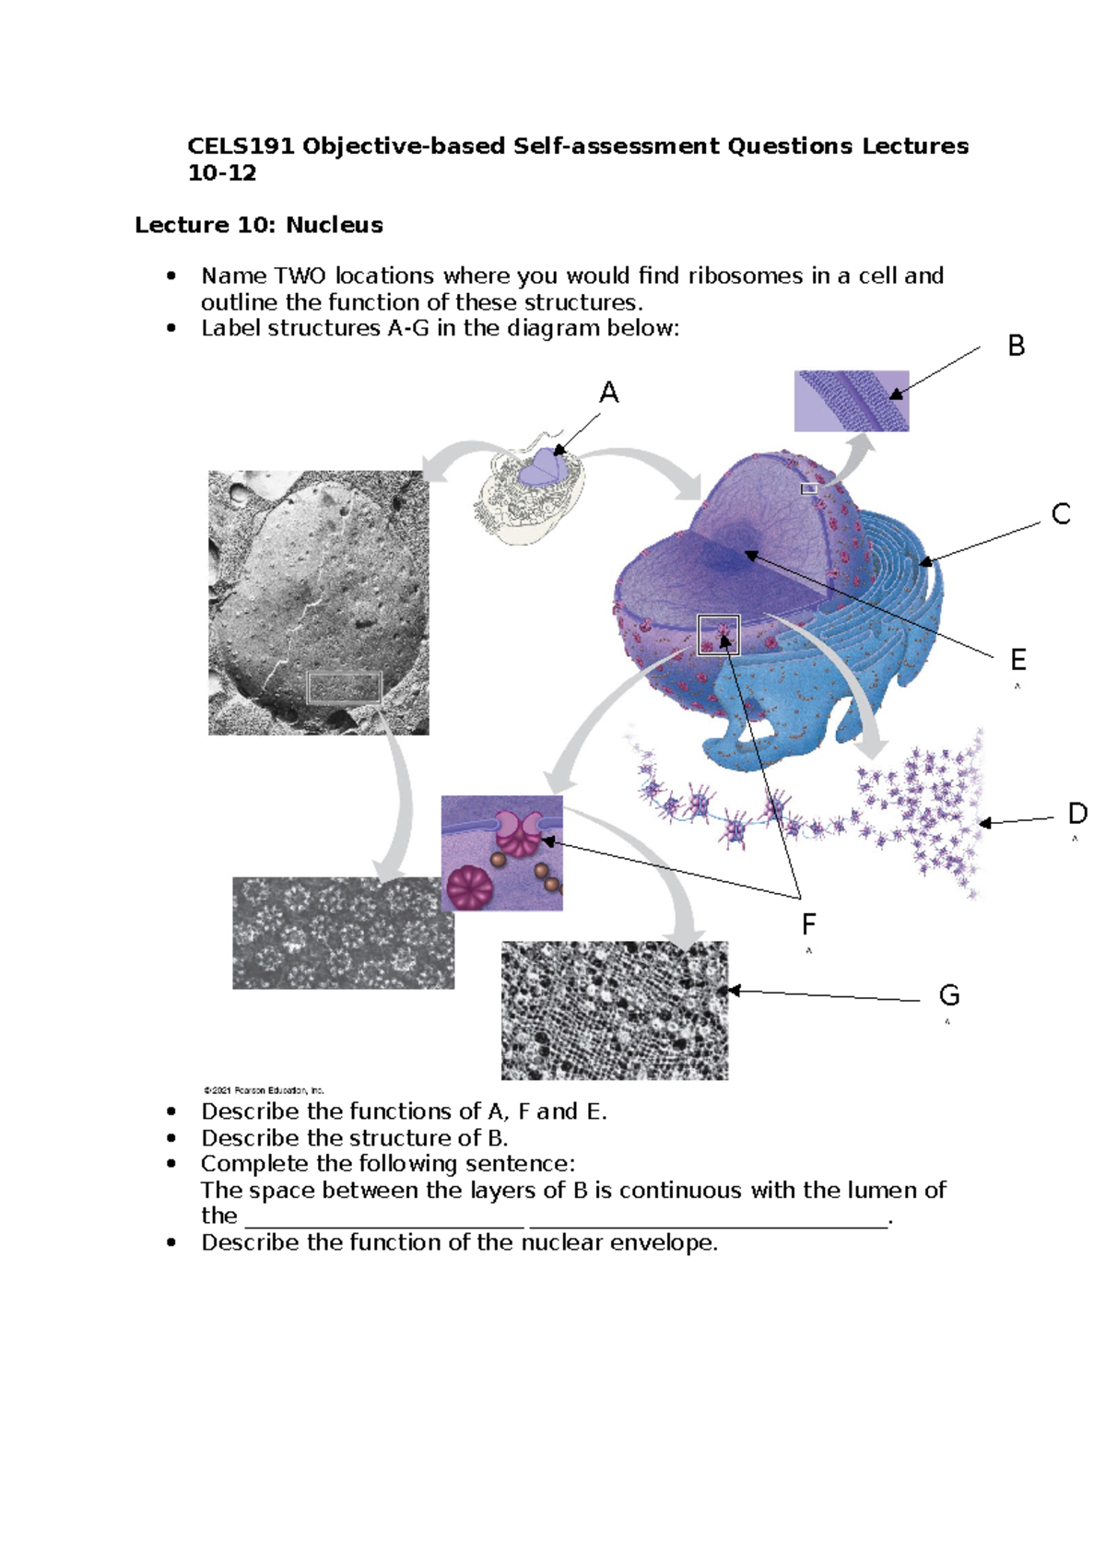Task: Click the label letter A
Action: click(608, 394)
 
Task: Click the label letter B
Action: click(1016, 347)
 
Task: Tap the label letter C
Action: click(1061, 514)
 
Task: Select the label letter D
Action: click(1077, 814)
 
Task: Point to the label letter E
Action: click(1018, 660)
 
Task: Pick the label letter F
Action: click(808, 924)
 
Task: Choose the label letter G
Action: click(948, 995)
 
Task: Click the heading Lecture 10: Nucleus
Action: click(259, 225)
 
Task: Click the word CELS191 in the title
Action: click(241, 147)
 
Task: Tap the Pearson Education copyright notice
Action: click(264, 1090)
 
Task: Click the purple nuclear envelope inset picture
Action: click(851, 401)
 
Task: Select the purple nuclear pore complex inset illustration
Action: click(501, 853)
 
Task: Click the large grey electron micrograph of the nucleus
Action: click(318, 603)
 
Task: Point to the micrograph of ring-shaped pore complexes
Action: click(343, 933)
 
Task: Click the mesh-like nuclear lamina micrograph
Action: click(614, 1010)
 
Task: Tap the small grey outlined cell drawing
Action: click(528, 489)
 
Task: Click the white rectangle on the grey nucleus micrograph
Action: click(344, 687)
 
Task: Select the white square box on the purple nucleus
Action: click(718, 635)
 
